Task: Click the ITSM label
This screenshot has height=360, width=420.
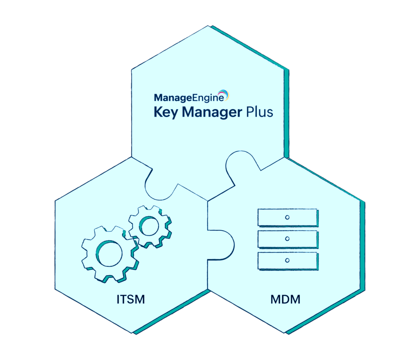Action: [x=130, y=299]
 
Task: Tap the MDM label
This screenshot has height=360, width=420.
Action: [x=285, y=299]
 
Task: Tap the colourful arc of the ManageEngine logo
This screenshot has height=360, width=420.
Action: [x=224, y=95]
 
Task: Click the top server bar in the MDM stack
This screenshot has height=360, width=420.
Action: [x=287, y=217]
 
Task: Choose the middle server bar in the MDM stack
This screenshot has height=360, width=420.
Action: [x=287, y=238]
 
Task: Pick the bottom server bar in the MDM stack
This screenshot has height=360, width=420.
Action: [x=287, y=260]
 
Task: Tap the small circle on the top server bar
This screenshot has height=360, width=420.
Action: [x=287, y=217]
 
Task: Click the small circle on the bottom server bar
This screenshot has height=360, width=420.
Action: [x=287, y=260]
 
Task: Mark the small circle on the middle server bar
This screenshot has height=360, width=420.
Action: [x=287, y=238]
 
